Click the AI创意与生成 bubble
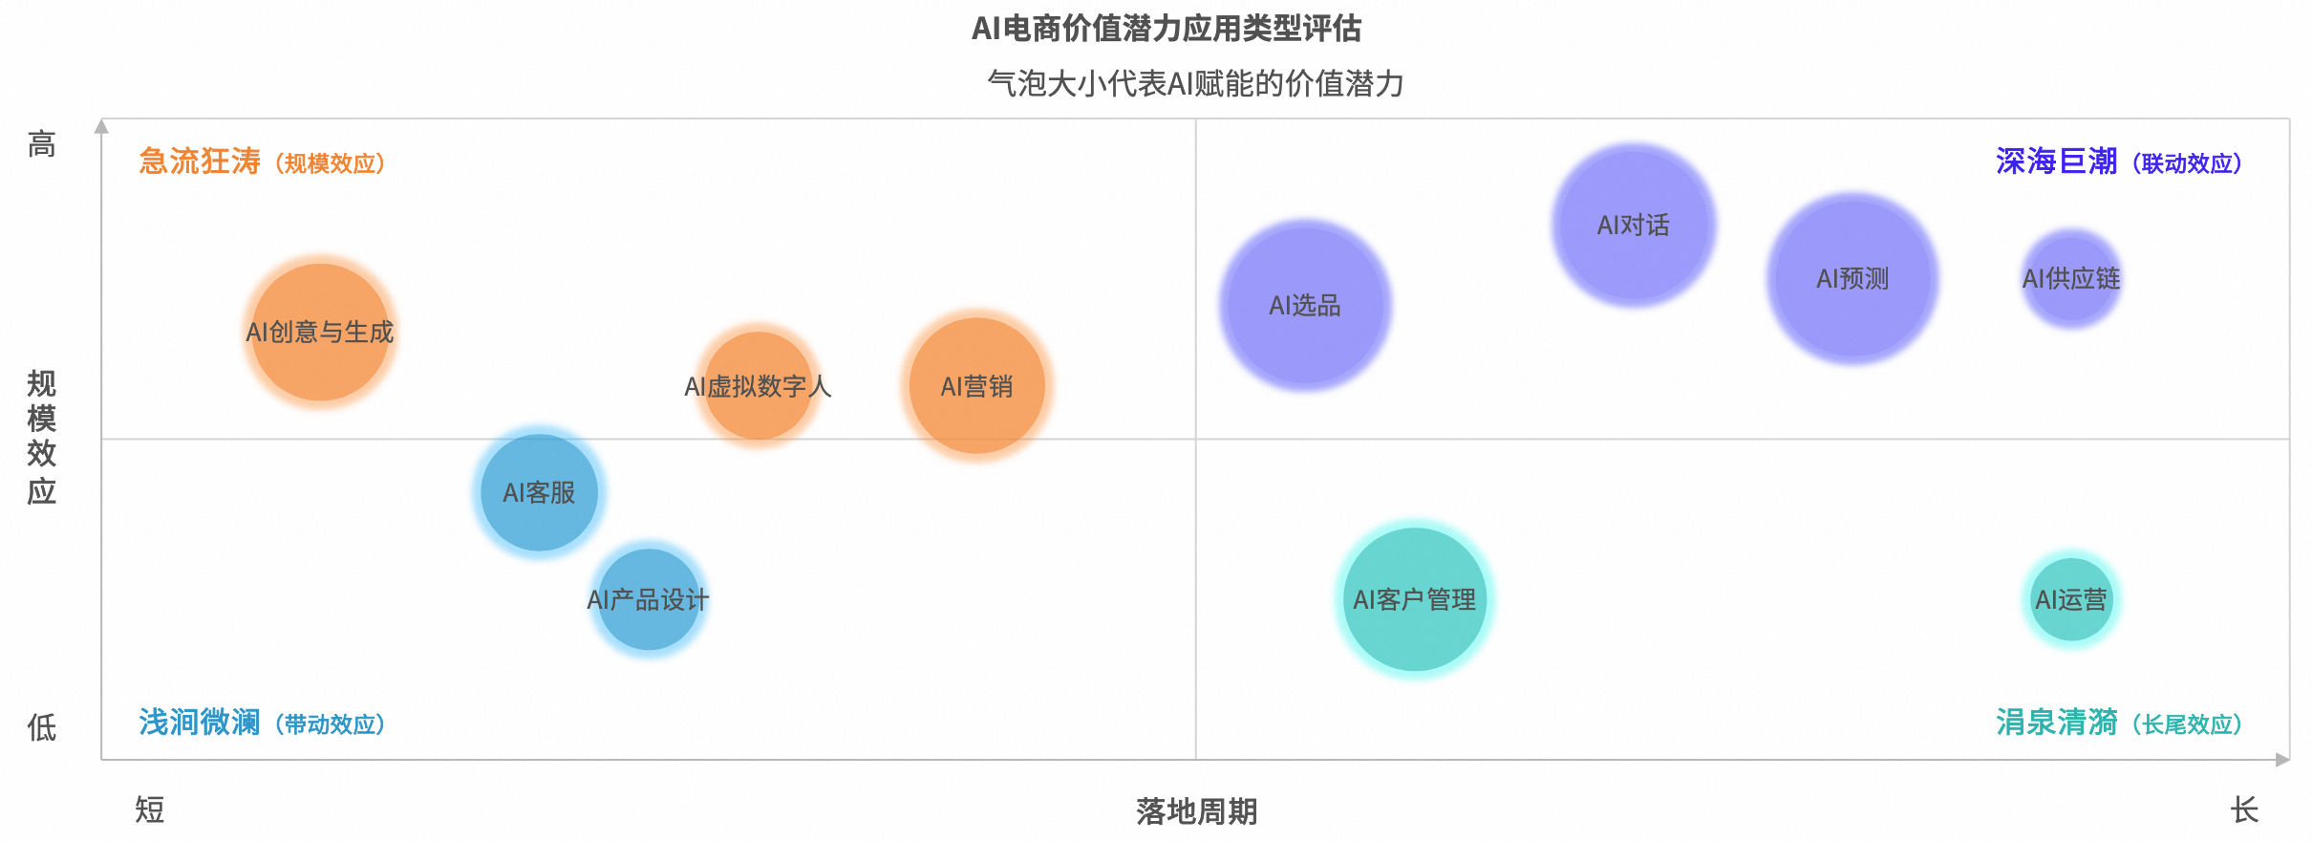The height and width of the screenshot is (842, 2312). (x=321, y=332)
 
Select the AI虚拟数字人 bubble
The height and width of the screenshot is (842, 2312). (x=759, y=386)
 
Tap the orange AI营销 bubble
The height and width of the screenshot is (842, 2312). (x=976, y=386)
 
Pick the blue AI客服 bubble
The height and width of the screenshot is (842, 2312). (x=540, y=492)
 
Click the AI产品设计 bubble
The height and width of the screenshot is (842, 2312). (x=649, y=599)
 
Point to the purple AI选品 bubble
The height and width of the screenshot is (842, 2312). (x=1305, y=305)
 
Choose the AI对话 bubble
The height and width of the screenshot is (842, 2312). (x=1634, y=225)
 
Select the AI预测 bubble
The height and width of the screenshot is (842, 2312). (x=1852, y=278)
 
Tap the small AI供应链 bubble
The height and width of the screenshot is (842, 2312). (x=2071, y=278)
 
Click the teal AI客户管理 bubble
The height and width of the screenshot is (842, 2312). (x=1415, y=599)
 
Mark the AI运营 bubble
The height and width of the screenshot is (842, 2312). (x=2071, y=599)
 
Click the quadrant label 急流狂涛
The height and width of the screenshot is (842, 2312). (x=200, y=161)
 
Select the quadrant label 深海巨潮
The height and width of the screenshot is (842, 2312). (x=2057, y=161)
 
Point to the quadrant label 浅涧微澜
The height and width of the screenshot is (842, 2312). (x=200, y=722)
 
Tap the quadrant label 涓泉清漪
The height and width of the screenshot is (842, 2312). (x=2057, y=722)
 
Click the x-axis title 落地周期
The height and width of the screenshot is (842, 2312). (x=1196, y=811)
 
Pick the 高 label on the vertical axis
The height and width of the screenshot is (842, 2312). (x=41, y=144)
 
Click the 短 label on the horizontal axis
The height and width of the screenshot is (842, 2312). (x=150, y=810)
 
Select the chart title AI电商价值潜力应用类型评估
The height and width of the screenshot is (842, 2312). (x=1167, y=29)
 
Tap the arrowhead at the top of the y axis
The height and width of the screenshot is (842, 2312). (x=101, y=126)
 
